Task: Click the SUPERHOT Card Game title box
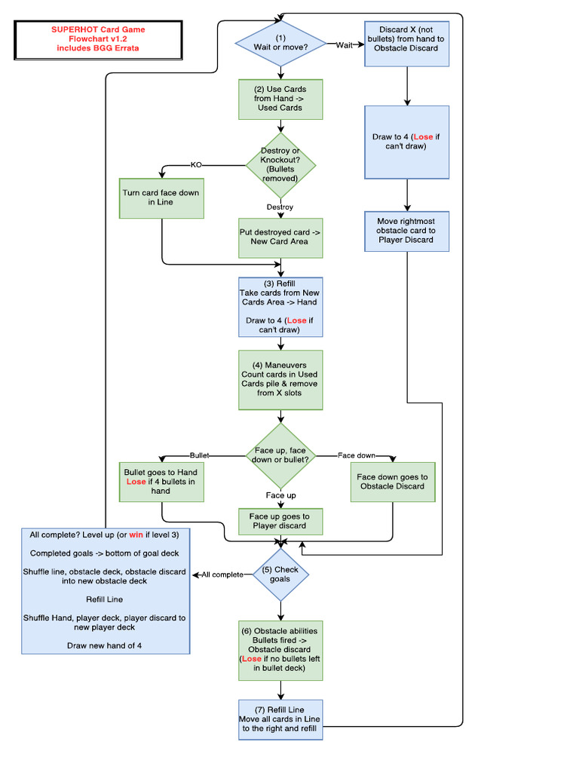tap(97, 39)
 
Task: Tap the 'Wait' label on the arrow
tap(345, 45)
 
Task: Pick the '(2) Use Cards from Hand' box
tap(280, 99)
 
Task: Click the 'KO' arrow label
tap(196, 164)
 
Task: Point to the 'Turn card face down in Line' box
tap(161, 198)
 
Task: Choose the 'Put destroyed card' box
tap(280, 237)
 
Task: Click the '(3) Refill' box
tap(280, 307)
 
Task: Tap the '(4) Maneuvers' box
tap(280, 379)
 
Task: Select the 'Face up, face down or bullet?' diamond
tap(280, 455)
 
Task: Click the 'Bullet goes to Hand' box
tap(161, 482)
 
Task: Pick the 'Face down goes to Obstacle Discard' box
tap(392, 482)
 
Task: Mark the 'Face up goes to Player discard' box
tap(280, 521)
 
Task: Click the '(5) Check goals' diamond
tap(280, 574)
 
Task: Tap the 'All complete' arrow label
tap(222, 574)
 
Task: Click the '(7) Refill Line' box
tap(280, 720)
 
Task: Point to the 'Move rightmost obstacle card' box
tap(407, 231)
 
